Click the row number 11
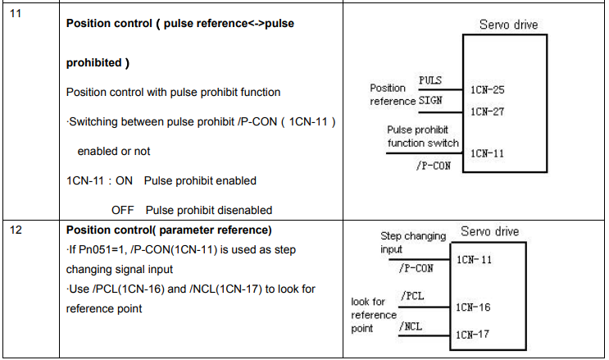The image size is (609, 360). coord(15,14)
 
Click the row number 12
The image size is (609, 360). coord(16,230)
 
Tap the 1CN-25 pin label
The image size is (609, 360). coord(488,90)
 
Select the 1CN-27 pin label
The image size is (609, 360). coord(488,112)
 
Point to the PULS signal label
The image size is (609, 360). coord(430,80)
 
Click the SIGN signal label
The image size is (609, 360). coord(430,100)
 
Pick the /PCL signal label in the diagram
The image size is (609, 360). coord(412,296)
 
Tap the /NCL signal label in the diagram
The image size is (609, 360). coord(411,326)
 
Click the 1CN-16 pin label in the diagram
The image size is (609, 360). coord(473,308)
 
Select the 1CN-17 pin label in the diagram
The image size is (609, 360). coord(472,335)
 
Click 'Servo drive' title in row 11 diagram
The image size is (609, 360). coord(508,25)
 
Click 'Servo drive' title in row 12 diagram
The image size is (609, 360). coord(490,231)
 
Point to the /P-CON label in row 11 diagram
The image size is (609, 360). coord(433,166)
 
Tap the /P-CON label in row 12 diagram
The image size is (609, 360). coord(416,268)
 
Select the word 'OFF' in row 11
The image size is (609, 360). coord(122,210)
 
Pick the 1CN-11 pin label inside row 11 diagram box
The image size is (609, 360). coord(487,153)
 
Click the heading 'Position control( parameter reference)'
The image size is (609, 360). coord(169,230)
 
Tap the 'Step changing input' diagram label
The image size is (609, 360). coord(413,243)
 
